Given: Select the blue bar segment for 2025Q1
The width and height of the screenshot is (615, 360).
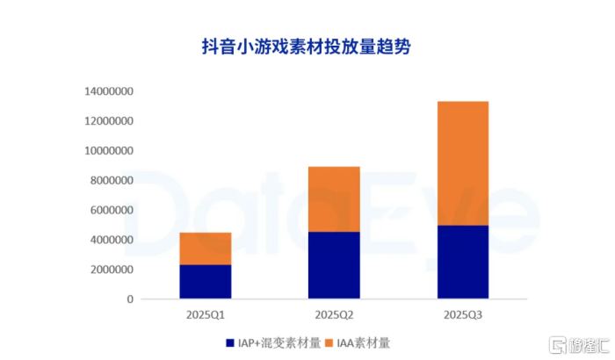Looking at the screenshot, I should [206, 282].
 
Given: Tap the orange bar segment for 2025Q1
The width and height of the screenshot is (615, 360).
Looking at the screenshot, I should [206, 248].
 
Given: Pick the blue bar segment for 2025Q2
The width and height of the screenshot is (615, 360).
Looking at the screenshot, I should [334, 265].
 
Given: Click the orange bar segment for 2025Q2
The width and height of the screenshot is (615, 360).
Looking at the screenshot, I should [334, 199].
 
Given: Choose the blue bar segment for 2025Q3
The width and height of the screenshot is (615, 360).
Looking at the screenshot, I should [462, 263].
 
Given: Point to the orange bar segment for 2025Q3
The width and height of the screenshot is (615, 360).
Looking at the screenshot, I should [462, 163].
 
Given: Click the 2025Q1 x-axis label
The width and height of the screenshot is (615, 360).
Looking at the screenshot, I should [206, 313].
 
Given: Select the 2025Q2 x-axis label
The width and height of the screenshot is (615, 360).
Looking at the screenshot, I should [334, 313].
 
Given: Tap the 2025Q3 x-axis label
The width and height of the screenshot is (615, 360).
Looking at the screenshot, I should [462, 313].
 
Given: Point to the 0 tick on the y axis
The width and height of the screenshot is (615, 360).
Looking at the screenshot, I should [129, 299].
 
